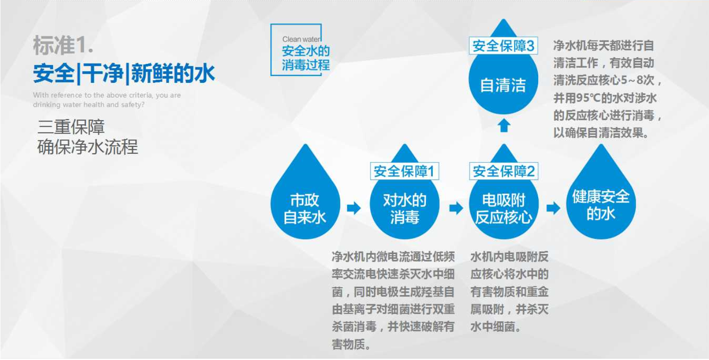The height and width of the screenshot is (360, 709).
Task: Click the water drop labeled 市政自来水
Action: point(305,203)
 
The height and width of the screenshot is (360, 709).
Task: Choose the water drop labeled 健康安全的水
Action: point(601,203)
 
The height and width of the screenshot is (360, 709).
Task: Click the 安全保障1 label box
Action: point(405,171)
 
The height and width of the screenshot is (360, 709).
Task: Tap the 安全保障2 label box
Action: point(504,171)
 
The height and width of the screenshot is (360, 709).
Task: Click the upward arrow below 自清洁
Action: point(504,125)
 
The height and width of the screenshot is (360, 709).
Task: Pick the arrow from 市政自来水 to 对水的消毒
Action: point(354,208)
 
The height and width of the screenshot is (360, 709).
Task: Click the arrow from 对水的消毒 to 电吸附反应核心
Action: point(456,208)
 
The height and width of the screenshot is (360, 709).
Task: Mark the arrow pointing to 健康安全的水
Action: point(553,208)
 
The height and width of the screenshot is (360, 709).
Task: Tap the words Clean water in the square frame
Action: point(301,39)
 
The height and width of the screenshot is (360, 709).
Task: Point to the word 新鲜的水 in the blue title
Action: point(173,73)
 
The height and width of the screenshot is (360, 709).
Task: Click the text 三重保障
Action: point(71,127)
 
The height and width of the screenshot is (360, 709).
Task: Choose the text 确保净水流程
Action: point(87,147)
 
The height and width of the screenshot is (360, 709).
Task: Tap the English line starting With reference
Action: point(107,95)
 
